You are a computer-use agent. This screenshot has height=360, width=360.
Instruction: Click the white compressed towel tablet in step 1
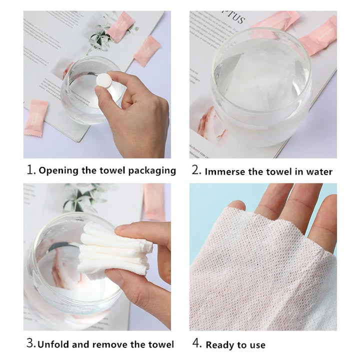click(x=104, y=80)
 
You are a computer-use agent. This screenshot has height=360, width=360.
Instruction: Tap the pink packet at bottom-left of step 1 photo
click(x=36, y=117)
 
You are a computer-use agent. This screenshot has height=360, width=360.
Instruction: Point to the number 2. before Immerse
click(x=196, y=170)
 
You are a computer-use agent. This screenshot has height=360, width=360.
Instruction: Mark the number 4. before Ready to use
click(x=196, y=344)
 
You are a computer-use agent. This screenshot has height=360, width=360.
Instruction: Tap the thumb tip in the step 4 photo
click(x=236, y=205)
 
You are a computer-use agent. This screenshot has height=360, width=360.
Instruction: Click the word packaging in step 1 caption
click(x=152, y=171)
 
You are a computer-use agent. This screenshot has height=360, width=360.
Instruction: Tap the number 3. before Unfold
click(x=31, y=344)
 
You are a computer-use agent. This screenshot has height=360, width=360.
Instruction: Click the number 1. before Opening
click(x=31, y=170)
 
